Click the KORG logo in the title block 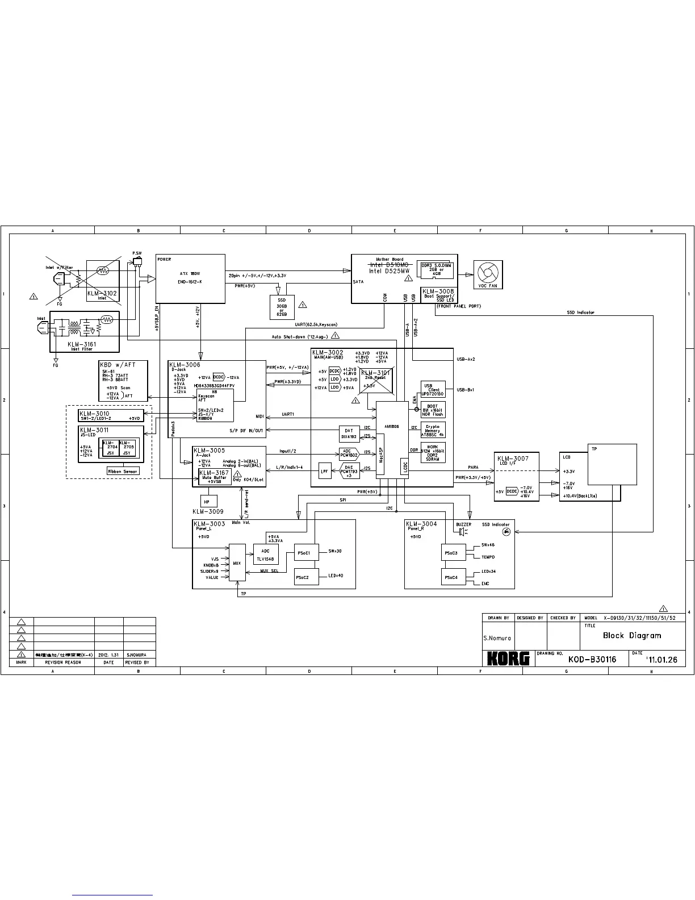(508, 658)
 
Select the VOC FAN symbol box (488, 274)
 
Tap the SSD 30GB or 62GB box (281, 307)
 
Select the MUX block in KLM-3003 (237, 563)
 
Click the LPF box (324, 471)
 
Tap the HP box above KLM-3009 (207, 501)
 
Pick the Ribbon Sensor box (123, 471)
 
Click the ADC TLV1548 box (266, 555)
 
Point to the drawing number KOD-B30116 (592, 659)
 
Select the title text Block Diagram (632, 636)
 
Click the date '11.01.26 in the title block (661, 660)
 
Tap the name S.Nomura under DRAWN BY (497, 638)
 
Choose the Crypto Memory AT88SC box (433, 430)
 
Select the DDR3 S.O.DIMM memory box (436, 270)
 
